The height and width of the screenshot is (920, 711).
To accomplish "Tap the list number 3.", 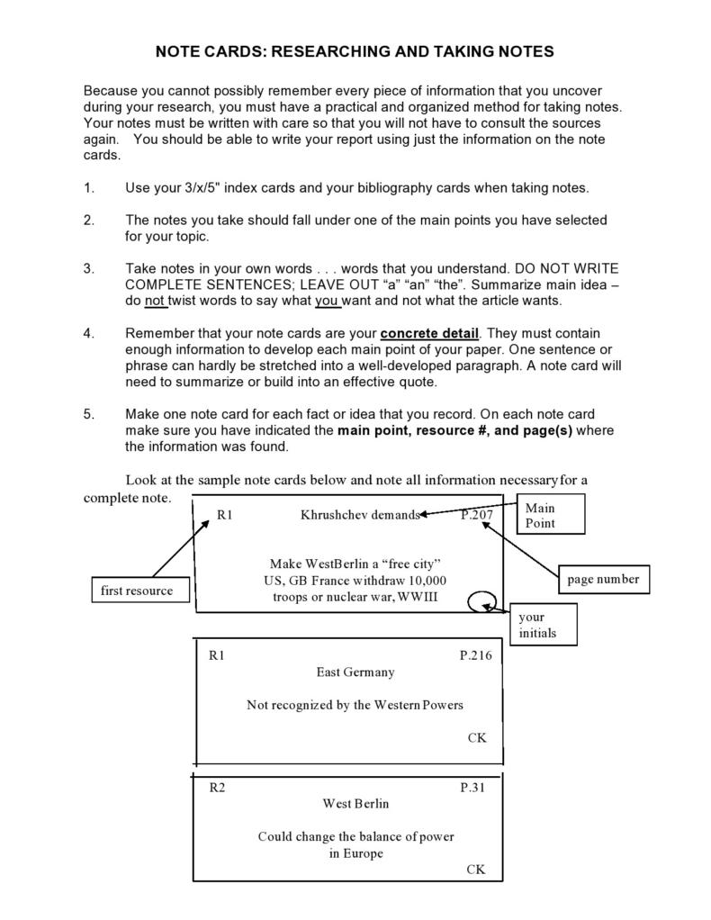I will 88,268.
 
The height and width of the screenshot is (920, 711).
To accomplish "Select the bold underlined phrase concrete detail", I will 429,333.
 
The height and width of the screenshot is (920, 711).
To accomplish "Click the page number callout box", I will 602,580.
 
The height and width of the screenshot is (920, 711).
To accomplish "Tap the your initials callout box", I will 544,625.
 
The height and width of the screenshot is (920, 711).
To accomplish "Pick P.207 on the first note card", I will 477,515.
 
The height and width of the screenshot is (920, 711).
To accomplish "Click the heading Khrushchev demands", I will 360,515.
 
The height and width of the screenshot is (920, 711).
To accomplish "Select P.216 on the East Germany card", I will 476,655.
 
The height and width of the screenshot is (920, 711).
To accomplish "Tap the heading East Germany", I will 355,672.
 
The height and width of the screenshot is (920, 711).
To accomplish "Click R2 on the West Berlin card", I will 218,788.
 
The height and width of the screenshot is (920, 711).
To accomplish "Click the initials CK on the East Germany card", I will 477,737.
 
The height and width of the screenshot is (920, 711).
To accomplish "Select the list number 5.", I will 88,414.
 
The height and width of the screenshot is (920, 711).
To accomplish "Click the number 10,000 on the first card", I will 425,580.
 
